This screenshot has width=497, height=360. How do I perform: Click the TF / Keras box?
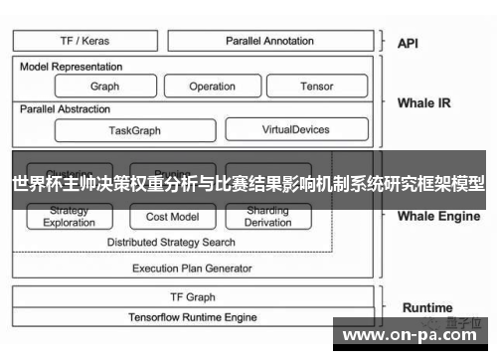click(x=85, y=41)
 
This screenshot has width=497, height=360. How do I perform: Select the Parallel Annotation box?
click(x=269, y=41)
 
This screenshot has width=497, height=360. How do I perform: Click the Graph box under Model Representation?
click(x=104, y=87)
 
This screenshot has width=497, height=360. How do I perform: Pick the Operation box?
click(x=212, y=87)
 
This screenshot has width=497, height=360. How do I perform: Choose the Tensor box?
click(x=316, y=87)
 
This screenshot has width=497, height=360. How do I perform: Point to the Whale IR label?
click(x=423, y=102)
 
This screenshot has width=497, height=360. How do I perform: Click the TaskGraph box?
click(x=134, y=130)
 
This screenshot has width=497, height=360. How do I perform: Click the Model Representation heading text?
click(x=72, y=67)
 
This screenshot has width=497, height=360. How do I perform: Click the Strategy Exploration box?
click(x=70, y=217)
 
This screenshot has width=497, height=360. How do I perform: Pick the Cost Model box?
click(x=172, y=217)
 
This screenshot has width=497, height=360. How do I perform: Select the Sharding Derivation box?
click(x=268, y=217)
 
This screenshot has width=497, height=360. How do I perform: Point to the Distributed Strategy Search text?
click(x=171, y=242)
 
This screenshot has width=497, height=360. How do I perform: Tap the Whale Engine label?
click(x=438, y=216)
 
